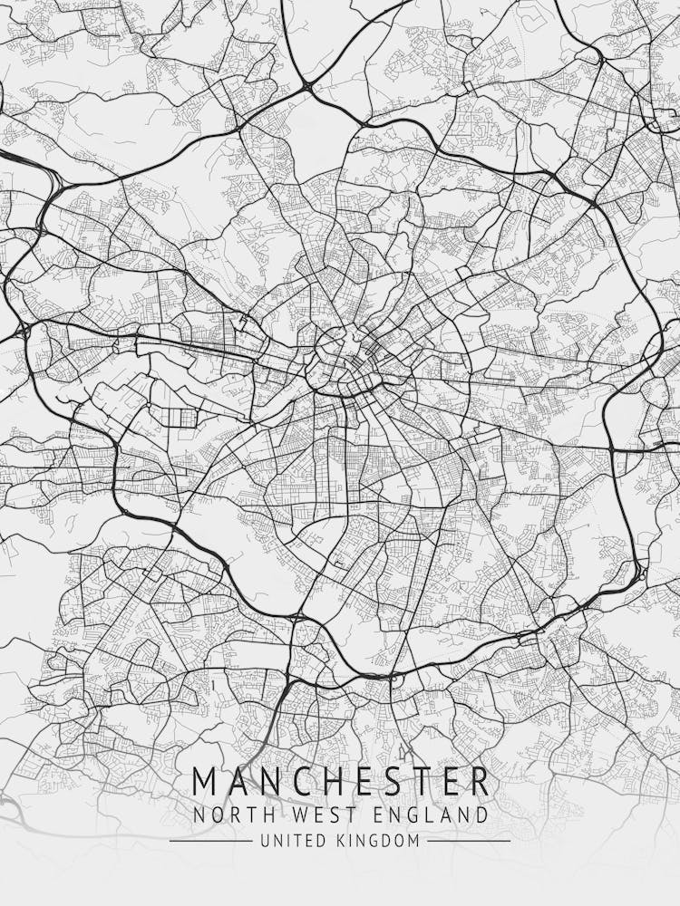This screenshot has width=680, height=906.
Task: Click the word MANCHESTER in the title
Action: pos(340,781)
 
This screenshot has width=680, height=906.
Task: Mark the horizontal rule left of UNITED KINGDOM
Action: pos(210,841)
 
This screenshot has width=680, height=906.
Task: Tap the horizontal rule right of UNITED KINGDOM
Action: pos(469,841)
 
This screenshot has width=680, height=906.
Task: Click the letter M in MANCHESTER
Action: pos(207,781)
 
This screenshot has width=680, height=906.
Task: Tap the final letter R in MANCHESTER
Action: pos(479,781)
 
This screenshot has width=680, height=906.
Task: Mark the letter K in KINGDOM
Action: pos(342,841)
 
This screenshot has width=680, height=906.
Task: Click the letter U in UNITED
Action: pos(266,841)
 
